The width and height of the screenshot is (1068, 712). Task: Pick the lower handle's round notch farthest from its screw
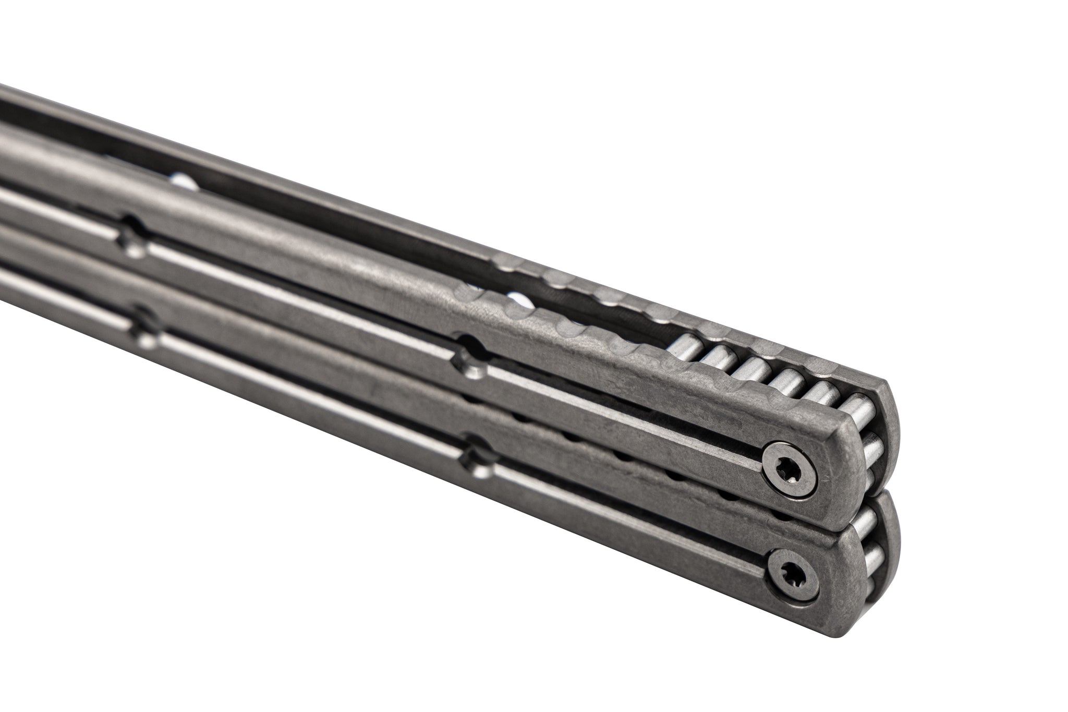(145, 327)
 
